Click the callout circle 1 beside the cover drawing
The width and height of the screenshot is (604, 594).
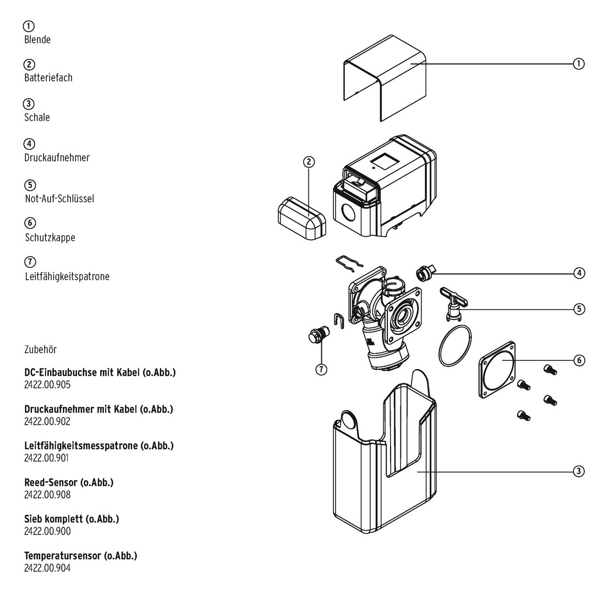(579, 64)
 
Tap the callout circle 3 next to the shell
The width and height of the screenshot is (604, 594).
(579, 471)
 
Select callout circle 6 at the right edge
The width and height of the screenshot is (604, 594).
(579, 360)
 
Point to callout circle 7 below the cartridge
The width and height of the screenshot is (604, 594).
(321, 369)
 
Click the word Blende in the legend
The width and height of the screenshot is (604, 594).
(37, 40)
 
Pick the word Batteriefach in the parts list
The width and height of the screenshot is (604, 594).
(48, 78)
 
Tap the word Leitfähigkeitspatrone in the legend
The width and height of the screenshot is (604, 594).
(67, 276)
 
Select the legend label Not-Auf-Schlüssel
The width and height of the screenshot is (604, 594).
(59, 198)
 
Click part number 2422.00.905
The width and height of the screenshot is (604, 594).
(47, 384)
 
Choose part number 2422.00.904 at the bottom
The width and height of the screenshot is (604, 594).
(47, 568)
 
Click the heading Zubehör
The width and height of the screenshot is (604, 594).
(40, 349)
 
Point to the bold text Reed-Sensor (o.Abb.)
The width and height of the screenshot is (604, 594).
(69, 482)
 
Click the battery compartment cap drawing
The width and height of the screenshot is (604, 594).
(300, 219)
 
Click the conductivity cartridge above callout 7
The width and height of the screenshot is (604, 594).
(318, 335)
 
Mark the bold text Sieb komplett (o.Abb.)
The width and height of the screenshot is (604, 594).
(72, 519)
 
